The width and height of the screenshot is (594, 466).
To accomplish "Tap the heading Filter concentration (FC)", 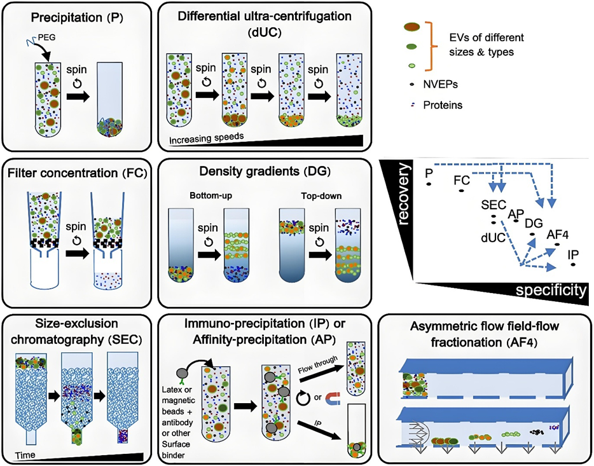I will (x=74, y=173).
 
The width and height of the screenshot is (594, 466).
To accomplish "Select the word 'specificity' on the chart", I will (x=551, y=291).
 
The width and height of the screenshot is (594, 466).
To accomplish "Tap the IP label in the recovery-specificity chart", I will (x=573, y=255).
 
